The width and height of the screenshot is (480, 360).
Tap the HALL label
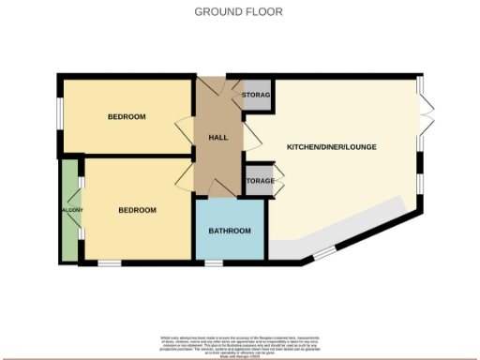click(217, 138)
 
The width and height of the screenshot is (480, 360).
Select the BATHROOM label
click(230, 231)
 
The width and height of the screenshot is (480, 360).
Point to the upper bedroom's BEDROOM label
click(127, 116)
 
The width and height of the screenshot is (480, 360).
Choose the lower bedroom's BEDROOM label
click(137, 210)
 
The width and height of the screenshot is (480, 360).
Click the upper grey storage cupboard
click(256, 96)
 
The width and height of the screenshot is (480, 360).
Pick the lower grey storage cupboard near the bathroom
click(259, 181)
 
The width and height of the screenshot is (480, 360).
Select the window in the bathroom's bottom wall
click(215, 263)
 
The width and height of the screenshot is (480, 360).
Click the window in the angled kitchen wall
click(322, 251)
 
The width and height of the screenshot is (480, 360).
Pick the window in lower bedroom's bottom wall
click(110, 263)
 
